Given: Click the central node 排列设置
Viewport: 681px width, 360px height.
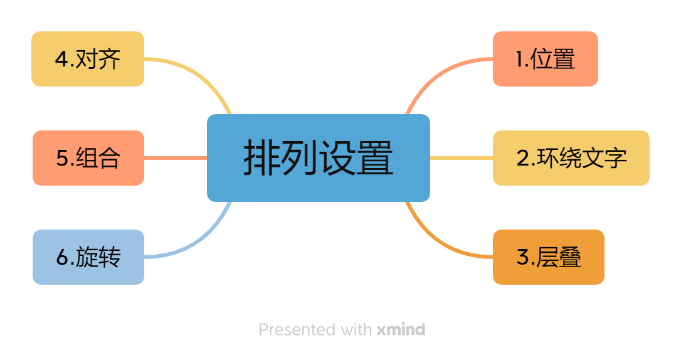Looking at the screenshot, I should point(318,158).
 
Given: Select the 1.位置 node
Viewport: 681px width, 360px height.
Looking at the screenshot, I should point(545,59).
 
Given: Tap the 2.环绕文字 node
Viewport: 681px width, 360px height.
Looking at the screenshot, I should point(571,158).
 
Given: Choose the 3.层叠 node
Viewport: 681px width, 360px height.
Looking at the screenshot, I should point(548,257).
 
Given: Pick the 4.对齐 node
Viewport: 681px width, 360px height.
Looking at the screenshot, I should point(88,59).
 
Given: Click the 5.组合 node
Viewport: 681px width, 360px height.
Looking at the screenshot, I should point(88,158).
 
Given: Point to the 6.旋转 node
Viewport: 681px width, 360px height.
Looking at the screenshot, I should point(88,257).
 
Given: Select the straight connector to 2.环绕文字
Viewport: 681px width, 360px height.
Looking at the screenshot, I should point(461,158).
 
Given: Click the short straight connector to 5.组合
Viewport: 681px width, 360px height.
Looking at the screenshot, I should point(176,158).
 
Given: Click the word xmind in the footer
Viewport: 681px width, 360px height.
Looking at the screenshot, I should point(401,329).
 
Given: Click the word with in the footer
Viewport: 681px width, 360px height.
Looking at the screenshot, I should point(356,329).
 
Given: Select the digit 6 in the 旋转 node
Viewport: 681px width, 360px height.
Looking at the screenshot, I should point(61,258).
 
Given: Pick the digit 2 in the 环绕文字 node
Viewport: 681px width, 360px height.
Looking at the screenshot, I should point(522,159).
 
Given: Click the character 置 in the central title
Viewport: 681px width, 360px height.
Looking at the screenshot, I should point(375,158).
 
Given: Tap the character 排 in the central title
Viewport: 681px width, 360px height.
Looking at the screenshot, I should point(261,158).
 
